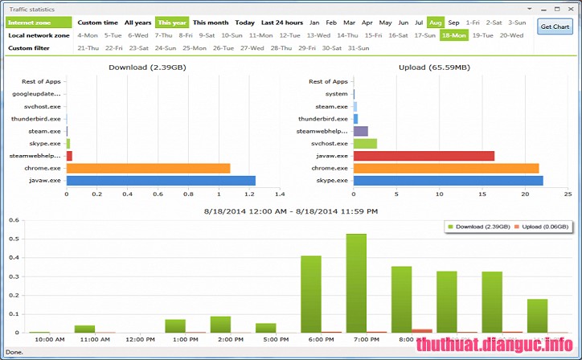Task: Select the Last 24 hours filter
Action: click(281, 22)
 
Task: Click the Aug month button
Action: click(435, 22)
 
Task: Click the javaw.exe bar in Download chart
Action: click(161, 180)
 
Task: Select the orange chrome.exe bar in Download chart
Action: click(148, 168)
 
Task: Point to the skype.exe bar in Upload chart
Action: click(448, 180)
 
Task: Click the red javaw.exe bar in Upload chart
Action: click(424, 156)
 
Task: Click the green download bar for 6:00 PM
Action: click(311, 293)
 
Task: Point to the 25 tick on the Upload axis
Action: click(568, 194)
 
